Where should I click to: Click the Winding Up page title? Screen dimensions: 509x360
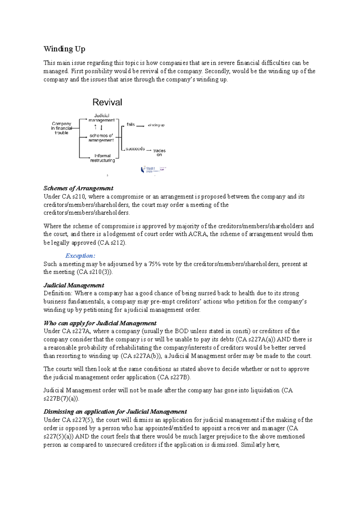point(64,49)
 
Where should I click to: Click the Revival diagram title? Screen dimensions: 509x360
point(107,102)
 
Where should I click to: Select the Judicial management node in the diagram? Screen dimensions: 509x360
point(102,118)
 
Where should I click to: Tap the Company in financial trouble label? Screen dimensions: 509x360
point(61,128)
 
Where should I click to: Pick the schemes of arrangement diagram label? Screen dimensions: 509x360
point(101,138)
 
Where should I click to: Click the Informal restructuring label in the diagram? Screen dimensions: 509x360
point(102,158)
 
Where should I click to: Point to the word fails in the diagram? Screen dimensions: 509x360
point(130,124)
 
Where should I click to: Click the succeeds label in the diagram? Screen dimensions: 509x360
point(135,149)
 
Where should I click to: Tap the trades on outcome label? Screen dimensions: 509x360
point(159,153)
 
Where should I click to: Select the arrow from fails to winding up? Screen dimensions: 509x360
point(140,126)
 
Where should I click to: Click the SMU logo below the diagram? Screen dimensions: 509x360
point(153,170)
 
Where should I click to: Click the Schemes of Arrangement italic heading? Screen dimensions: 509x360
point(78,188)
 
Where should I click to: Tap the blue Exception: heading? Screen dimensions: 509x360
point(80,256)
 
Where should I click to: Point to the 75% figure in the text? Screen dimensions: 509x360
point(155,264)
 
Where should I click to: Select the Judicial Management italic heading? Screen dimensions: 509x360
point(74,285)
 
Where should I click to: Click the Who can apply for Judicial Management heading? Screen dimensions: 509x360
point(100,323)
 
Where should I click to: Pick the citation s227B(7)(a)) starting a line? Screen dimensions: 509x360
point(61,399)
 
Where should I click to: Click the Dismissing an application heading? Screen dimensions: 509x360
point(115,412)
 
